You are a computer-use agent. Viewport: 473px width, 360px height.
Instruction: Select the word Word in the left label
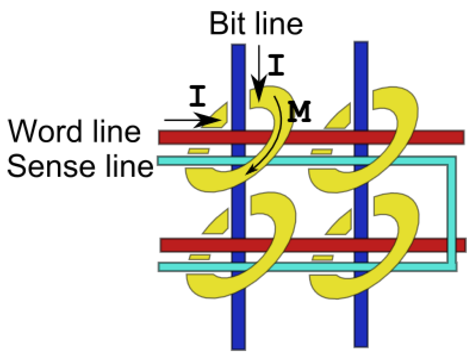click(x=45, y=131)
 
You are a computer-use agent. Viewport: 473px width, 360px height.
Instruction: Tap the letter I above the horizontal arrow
click(x=198, y=97)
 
